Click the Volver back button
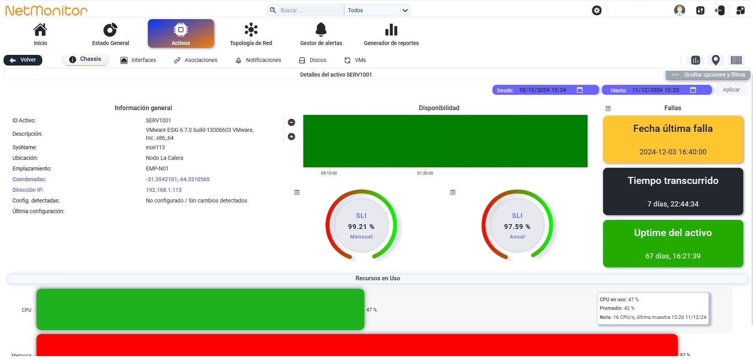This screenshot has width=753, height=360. [x=23, y=60]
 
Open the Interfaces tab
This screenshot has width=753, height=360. [x=138, y=60]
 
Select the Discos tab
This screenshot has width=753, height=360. [x=313, y=60]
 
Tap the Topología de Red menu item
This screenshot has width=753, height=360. [x=251, y=34]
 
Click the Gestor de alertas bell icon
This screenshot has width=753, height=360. [x=321, y=30]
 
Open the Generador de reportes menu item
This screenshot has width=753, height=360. [x=391, y=34]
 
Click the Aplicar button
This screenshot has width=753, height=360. [x=731, y=90]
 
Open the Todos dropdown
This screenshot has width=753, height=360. [x=377, y=10]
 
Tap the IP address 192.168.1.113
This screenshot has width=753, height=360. [x=164, y=190]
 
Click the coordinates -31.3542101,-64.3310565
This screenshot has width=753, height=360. [x=178, y=179]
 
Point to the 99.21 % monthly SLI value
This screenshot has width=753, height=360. [x=361, y=227]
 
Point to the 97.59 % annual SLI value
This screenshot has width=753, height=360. [x=517, y=227]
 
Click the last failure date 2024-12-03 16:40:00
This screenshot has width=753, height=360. [x=673, y=152]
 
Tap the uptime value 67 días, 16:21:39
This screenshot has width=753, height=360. [x=673, y=256]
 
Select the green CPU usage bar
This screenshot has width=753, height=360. [x=200, y=309]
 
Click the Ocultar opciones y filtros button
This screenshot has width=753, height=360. [x=708, y=75]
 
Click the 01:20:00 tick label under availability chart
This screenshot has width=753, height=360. [x=425, y=173]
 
